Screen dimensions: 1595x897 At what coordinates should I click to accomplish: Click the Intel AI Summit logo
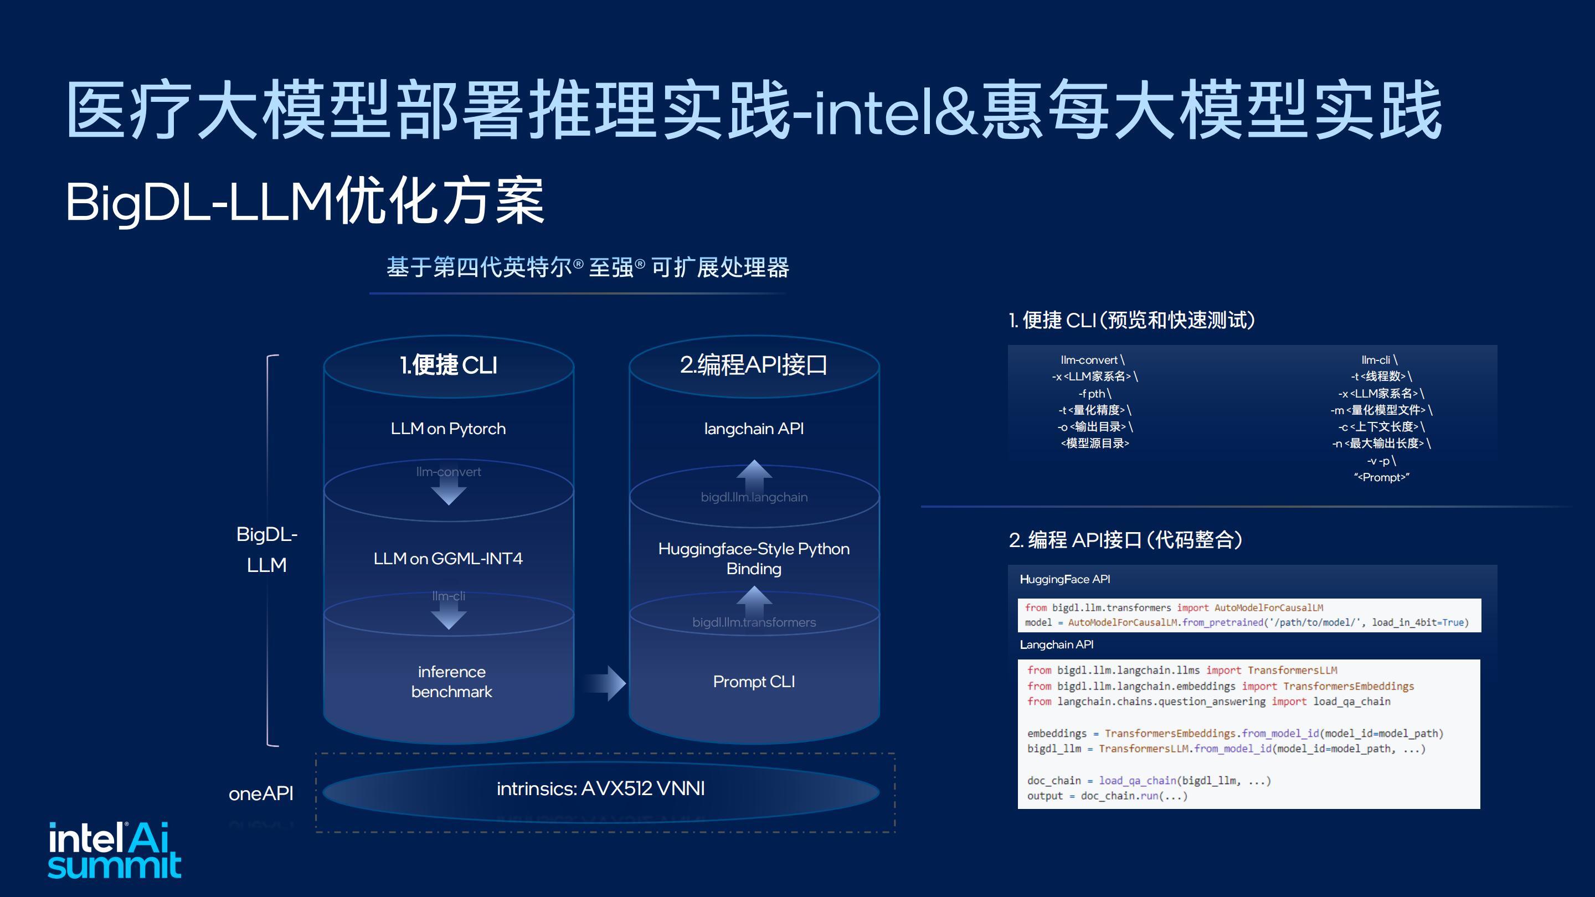[x=115, y=849]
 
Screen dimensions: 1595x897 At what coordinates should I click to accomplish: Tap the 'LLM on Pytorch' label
[x=448, y=429]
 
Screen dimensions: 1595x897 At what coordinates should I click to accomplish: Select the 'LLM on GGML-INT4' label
[x=448, y=558]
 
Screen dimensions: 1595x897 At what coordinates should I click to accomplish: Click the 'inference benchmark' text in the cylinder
[x=451, y=682]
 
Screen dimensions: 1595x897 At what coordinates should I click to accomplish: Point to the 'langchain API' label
[x=754, y=429]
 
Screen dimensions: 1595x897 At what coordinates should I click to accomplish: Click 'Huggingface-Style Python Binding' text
[x=754, y=558]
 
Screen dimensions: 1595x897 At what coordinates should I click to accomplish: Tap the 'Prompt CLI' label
[x=754, y=682]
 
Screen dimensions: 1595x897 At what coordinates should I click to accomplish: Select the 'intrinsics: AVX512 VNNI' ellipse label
[x=600, y=788]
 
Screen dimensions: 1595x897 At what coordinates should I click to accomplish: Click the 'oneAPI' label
[x=261, y=793]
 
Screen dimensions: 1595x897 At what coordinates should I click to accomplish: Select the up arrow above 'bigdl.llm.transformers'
[x=754, y=601]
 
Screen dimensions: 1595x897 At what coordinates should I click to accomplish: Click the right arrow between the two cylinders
[x=604, y=683]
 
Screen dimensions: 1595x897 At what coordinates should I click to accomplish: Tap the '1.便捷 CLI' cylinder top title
[x=448, y=365]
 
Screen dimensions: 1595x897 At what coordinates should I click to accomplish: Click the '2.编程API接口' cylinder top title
[x=754, y=365]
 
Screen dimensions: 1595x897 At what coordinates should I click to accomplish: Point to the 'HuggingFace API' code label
[x=1065, y=579]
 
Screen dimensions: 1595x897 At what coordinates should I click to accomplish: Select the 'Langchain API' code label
[x=1056, y=645]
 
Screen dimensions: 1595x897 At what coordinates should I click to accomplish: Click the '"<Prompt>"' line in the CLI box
[x=1381, y=477]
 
